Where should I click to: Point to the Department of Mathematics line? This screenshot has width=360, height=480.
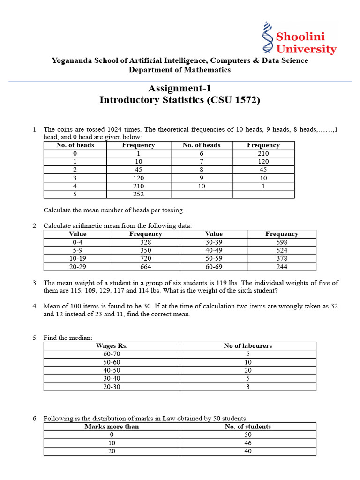coord(180,70)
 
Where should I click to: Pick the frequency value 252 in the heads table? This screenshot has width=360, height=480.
coord(138,194)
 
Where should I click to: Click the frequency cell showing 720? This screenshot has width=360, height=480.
coord(145,258)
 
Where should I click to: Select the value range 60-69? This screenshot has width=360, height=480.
coord(214,267)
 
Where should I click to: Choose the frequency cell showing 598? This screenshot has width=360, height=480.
coord(282,242)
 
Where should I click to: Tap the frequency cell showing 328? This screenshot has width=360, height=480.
coord(145,242)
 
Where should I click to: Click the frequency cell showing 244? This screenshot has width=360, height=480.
coord(282,267)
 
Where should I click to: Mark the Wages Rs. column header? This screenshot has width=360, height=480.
coord(112,346)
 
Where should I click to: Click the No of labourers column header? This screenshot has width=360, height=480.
coord(248,346)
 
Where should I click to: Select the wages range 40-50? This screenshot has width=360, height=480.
coord(112,370)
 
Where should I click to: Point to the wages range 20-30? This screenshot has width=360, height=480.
coord(112,387)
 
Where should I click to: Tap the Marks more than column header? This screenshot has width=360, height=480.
coord(112,427)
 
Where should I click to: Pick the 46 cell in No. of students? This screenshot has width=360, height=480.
coord(248,442)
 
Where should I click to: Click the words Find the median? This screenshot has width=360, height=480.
coord(68,337)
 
